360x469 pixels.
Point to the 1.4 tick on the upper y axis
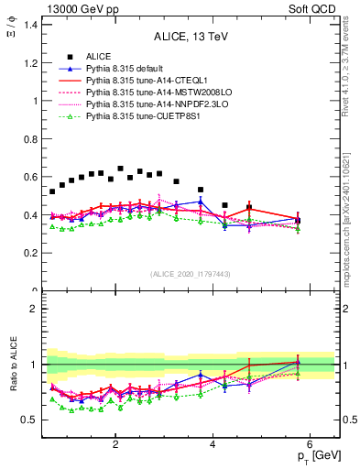tap(30, 24)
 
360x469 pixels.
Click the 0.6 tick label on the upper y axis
tap(30, 177)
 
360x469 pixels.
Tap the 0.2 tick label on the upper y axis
tap(30, 254)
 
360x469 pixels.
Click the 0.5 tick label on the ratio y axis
tap(30, 420)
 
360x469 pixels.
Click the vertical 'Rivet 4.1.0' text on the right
tap(351, 73)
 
